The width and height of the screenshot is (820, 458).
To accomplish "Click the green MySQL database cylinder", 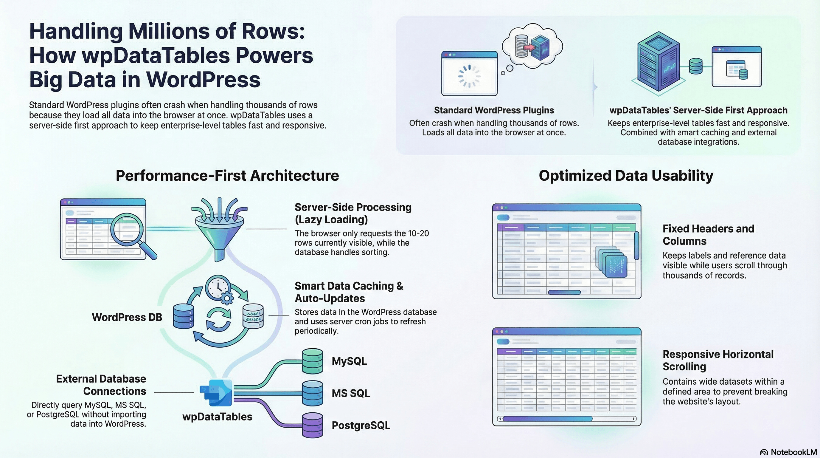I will [x=312, y=361].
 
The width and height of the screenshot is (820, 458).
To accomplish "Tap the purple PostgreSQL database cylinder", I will [x=312, y=425].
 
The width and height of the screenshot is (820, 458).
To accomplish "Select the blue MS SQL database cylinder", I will [x=312, y=393].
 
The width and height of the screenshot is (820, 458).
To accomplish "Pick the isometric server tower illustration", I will [x=658, y=62].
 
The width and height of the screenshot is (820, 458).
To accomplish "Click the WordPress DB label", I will [x=127, y=317].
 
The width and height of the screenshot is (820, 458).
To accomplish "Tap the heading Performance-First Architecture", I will [x=227, y=176].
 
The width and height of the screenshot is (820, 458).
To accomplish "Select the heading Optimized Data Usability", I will [x=626, y=176].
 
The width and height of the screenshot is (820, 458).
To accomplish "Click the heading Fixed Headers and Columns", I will [x=708, y=235].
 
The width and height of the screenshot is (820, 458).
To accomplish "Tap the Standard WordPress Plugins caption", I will [x=494, y=110].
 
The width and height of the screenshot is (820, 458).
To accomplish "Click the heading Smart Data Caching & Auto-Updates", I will [x=349, y=292].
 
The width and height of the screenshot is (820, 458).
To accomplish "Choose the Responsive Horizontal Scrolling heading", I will [x=718, y=360].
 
